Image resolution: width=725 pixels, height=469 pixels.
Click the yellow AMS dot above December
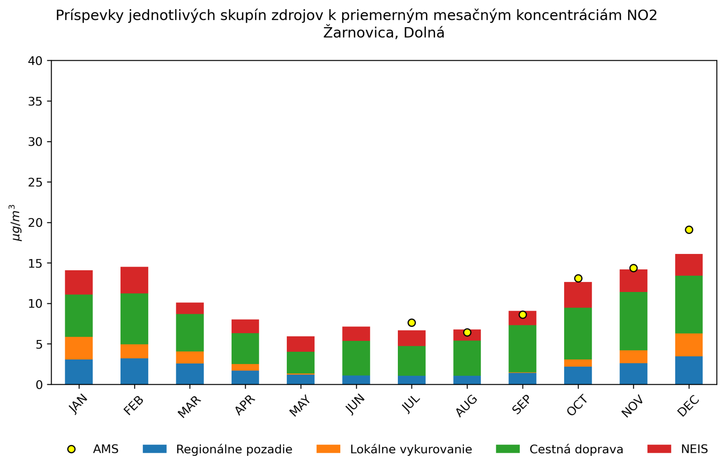pyautogui.click(x=689, y=230)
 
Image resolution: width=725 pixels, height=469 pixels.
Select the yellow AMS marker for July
pyautogui.click(x=411, y=323)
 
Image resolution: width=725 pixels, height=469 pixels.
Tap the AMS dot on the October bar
pyautogui.click(x=578, y=278)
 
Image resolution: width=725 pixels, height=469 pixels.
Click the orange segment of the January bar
pyautogui.click(x=79, y=348)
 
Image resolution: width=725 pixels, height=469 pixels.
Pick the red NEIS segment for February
pyautogui.click(x=134, y=280)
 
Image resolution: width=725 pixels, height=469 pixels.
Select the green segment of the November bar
pyautogui.click(x=633, y=321)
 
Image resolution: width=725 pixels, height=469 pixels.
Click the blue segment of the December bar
pyautogui.click(x=689, y=370)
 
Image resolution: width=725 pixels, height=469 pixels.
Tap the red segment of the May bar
pyautogui.click(x=300, y=344)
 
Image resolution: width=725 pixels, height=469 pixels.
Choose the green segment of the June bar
pyautogui.click(x=356, y=358)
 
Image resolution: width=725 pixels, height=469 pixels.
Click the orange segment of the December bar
pyautogui.click(x=689, y=345)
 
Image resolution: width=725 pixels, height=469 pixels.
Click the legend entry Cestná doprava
pyautogui.click(x=576, y=449)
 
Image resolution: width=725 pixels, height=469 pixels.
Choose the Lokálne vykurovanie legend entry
pyautogui.click(x=411, y=449)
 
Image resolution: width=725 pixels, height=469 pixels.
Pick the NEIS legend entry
pyautogui.click(x=694, y=449)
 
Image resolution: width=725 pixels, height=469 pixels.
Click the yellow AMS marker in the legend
pyautogui.click(x=71, y=449)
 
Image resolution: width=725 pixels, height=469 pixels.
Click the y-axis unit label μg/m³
pyautogui.click(x=16, y=223)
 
